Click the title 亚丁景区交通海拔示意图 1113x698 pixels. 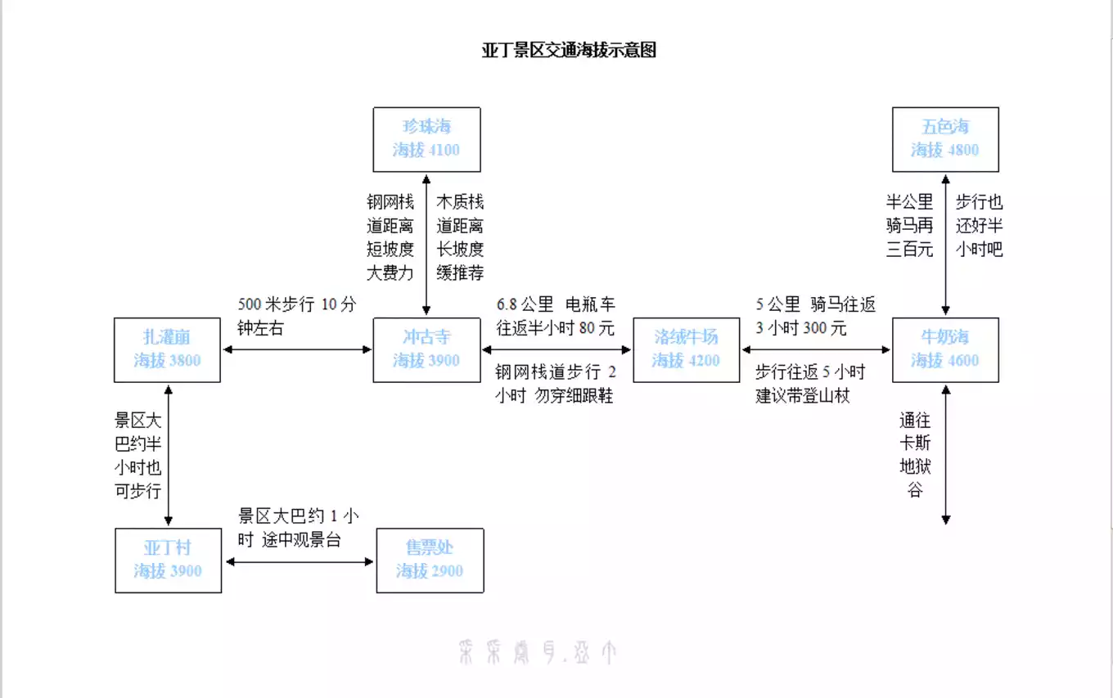569,51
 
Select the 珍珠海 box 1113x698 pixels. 426,139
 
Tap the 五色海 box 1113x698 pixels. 945,139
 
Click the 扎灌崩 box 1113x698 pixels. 167,349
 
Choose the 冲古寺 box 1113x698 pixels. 426,349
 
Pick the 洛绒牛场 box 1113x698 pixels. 686,349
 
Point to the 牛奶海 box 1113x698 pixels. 945,349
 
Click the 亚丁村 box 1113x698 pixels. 168,561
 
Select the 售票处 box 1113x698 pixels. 430,561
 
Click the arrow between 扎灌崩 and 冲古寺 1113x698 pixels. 297,349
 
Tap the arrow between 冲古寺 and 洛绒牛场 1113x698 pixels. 556,349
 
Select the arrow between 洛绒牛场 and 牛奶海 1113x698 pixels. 815,349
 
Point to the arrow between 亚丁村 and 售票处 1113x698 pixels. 299,561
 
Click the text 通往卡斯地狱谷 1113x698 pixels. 914,456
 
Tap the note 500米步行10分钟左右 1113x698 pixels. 297,317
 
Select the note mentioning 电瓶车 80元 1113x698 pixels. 556,317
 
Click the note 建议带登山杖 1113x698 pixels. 802,397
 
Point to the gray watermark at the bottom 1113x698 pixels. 537,652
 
